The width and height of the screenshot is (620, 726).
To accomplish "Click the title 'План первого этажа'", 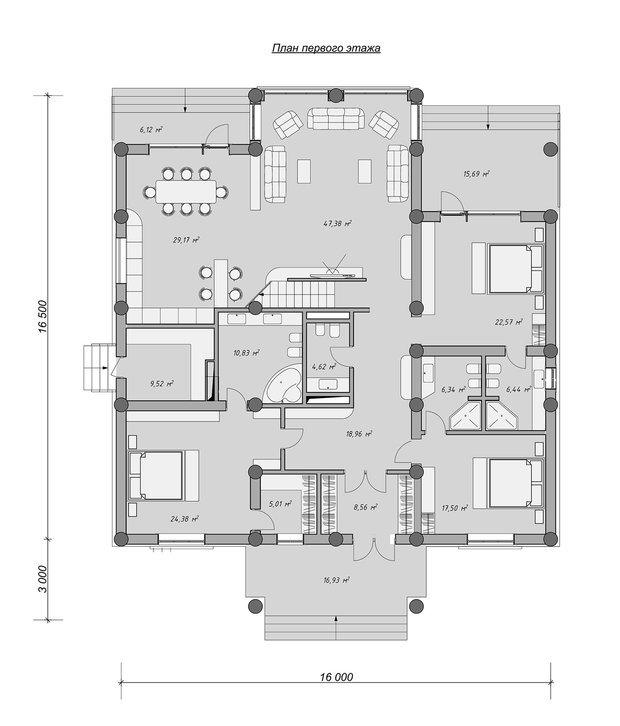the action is (326, 48).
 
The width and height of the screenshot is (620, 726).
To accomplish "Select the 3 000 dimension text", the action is (43, 579).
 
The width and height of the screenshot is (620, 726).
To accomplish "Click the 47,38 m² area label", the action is (337, 223).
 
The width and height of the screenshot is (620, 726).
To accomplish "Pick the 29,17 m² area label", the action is (186, 240).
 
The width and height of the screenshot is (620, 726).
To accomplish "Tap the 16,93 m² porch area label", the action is (336, 580).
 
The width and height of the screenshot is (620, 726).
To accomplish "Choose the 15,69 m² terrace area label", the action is (476, 174).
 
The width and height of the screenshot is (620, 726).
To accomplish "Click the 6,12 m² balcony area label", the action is (151, 130).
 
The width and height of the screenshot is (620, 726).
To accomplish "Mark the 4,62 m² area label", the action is (324, 367).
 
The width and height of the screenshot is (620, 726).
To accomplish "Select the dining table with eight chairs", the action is (186, 192).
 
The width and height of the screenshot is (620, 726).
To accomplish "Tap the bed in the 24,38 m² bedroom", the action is (156, 476).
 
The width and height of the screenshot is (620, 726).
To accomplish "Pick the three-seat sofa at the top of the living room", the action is (335, 118).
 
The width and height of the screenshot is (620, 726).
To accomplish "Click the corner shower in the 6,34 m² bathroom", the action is (466, 415).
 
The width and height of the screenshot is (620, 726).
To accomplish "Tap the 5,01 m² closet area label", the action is (281, 504).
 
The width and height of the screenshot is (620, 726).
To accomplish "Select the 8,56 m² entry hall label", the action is (365, 507).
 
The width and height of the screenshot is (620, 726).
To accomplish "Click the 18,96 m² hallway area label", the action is (359, 434).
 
